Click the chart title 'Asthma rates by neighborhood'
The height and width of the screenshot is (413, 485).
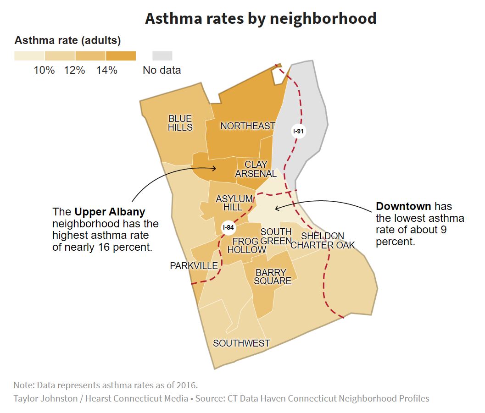point(261,18)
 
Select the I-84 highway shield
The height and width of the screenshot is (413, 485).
point(228,227)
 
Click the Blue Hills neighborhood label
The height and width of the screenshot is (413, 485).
point(180,123)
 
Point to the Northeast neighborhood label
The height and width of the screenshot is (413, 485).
point(248,126)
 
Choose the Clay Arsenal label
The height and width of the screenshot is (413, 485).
point(256,169)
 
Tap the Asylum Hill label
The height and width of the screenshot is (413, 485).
point(234,203)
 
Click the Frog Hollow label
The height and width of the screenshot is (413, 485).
point(246,245)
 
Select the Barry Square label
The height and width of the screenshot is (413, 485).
point(273,276)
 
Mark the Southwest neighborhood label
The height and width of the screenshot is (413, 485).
point(241,343)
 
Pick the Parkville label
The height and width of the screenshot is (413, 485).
point(194,266)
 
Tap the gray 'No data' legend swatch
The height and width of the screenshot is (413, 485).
point(162,56)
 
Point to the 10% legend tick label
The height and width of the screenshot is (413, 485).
point(44,70)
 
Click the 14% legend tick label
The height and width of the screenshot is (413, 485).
point(106,70)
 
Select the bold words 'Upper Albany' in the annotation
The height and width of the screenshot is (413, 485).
point(110,212)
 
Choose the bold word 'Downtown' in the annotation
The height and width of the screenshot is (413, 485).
point(403,206)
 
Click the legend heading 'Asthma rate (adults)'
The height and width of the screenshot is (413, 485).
point(67,40)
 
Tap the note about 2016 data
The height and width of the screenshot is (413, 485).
point(106,385)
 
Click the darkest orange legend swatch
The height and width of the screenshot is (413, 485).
point(121,56)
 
